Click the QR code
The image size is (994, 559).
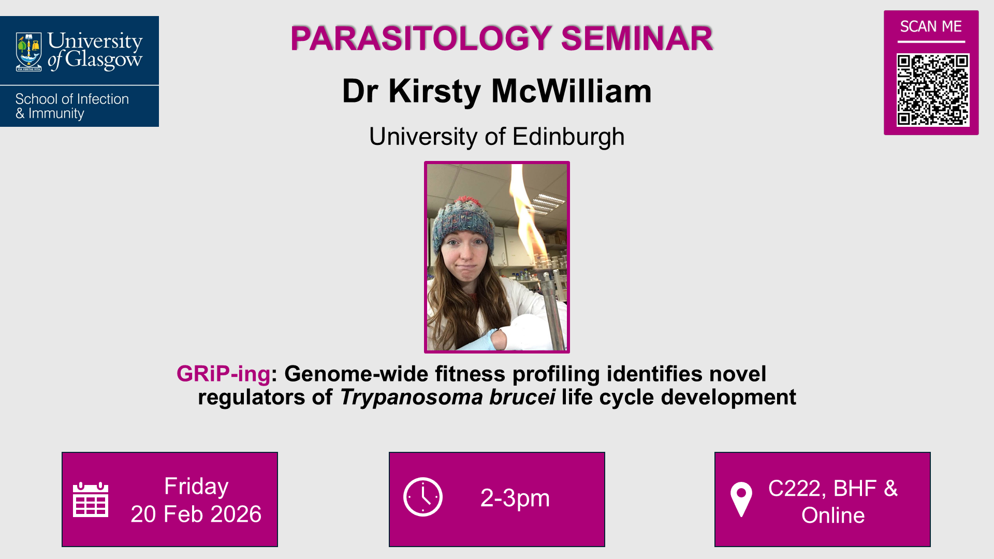click(932, 90)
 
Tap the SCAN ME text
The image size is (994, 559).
click(930, 26)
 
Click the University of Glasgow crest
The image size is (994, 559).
click(29, 51)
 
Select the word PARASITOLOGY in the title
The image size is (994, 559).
click(421, 38)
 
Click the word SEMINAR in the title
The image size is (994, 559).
click(637, 38)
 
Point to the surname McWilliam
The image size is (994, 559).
click(571, 91)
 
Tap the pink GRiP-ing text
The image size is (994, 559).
click(223, 374)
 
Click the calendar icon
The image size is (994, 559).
click(91, 499)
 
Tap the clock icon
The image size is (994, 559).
click(423, 497)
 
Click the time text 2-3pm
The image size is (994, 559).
click(515, 498)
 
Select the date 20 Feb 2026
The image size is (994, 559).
click(196, 514)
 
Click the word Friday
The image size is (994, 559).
click(196, 487)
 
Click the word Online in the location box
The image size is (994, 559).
click(833, 516)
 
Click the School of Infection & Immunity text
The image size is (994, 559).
click(72, 106)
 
